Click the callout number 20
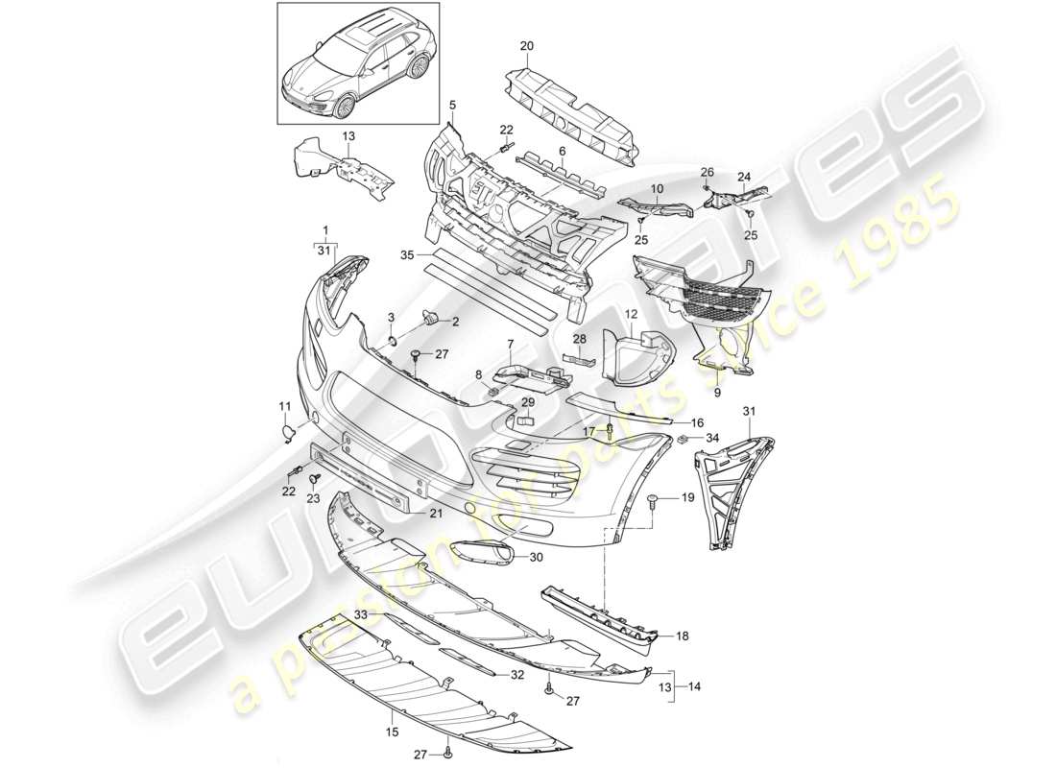(526, 46)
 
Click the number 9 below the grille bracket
(715, 392)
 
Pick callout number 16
(697, 421)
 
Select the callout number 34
(711, 439)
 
